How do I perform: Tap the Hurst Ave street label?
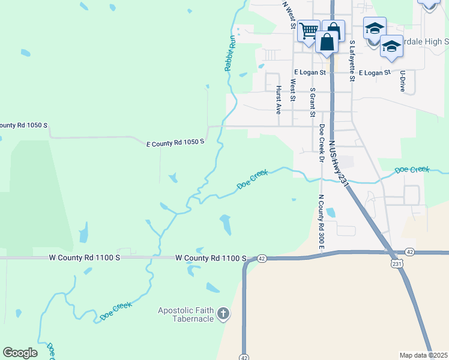tap(279, 100)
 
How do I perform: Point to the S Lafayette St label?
tap(352, 62)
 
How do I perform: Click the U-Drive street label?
tap(402, 81)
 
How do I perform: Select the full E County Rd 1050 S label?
tap(176, 142)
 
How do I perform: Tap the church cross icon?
tap(223, 313)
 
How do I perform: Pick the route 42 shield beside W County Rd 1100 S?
tap(262, 259)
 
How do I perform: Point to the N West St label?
tap(289, 15)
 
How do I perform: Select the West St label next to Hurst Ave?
tap(293, 90)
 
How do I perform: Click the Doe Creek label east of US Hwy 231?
tap(413, 170)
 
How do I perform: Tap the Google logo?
tap(20, 353)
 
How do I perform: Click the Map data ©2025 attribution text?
tap(424, 355)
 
